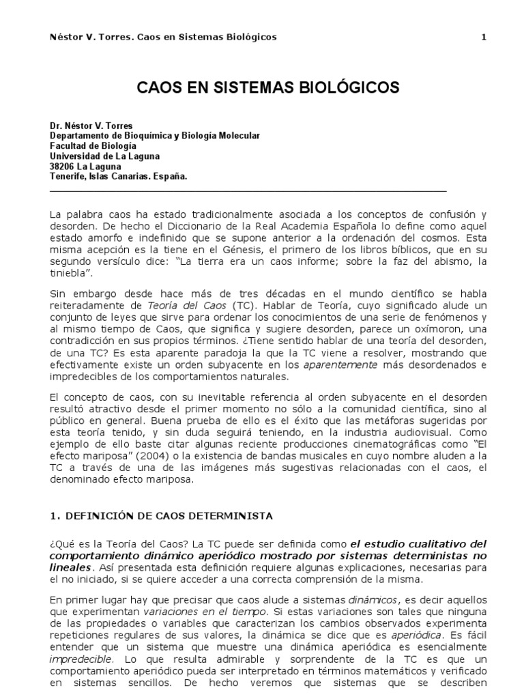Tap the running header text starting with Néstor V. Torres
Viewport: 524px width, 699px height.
point(164,37)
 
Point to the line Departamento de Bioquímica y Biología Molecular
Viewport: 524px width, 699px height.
point(155,136)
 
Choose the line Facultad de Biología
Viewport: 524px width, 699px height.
point(93,145)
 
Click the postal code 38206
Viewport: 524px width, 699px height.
point(63,165)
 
